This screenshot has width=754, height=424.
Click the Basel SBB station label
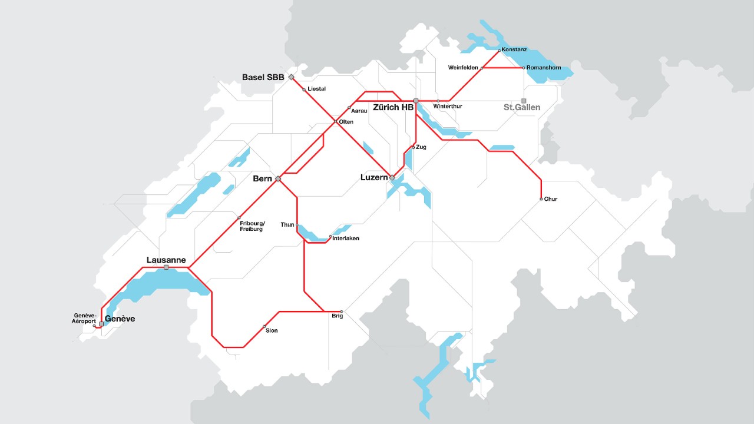click(263, 78)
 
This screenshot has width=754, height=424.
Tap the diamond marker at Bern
click(278, 178)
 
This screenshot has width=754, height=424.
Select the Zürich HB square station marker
click(416, 101)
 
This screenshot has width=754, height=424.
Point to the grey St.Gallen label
click(521, 108)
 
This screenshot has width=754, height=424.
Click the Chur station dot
click(541, 199)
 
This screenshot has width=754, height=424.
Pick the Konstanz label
click(514, 50)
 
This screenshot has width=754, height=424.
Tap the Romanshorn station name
click(544, 68)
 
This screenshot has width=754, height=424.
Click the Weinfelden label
click(462, 68)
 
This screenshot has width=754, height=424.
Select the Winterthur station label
click(448, 107)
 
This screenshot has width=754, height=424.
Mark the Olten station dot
click(336, 122)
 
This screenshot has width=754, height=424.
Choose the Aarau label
click(359, 111)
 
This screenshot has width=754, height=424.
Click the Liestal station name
click(317, 89)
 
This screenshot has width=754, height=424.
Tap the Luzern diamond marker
click(392, 177)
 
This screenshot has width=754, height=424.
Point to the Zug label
click(421, 147)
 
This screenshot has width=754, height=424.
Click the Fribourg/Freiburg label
click(252, 226)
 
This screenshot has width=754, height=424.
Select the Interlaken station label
click(346, 238)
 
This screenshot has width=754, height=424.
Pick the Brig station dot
click(342, 312)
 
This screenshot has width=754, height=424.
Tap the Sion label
click(272, 331)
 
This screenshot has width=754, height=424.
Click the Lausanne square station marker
click(166, 267)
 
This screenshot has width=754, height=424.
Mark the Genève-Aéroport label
click(85, 319)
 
